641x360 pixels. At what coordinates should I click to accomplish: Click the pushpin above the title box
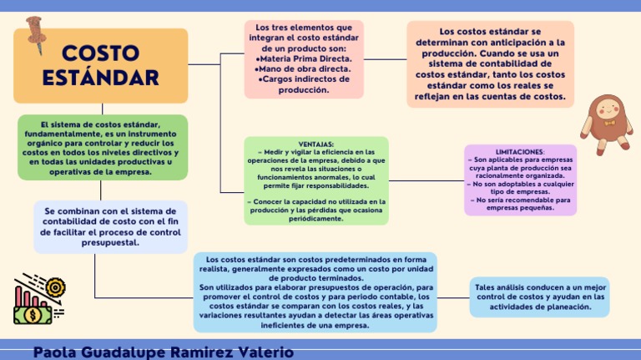pos(35,33)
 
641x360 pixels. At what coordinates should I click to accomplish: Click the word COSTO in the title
pos(101,53)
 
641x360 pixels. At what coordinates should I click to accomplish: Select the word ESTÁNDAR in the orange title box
pos(101,79)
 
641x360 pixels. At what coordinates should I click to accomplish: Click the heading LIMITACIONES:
pos(520,152)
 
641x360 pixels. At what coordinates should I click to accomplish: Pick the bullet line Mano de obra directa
pos(304,69)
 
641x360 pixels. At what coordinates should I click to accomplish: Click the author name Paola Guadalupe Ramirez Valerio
pos(164,352)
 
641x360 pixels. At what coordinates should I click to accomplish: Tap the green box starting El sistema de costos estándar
pos(103,148)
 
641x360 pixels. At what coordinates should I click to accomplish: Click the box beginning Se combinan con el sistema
pos(110,227)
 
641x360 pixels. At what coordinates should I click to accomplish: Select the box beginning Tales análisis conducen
pos(539,297)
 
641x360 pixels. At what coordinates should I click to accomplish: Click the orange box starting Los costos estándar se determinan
pos(491,64)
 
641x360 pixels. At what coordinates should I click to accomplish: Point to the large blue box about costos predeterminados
pos(315,292)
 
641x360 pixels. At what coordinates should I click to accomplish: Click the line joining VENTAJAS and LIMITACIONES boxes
pos(426,180)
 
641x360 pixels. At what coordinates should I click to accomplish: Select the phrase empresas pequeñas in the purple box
pos(520,208)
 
